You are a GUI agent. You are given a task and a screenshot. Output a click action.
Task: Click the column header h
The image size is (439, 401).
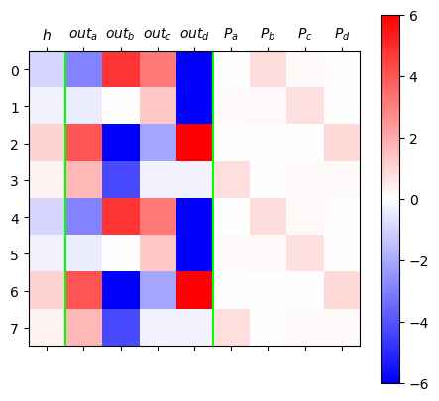tap(47, 35)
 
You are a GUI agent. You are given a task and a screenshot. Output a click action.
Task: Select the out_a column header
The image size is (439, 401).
tap(83, 34)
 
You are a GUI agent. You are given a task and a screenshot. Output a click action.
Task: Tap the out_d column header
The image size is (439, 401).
tap(194, 34)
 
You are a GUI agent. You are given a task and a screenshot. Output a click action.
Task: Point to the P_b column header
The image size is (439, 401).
tap(268, 34)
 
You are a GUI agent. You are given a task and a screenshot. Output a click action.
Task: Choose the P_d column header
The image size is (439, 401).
tap(342, 34)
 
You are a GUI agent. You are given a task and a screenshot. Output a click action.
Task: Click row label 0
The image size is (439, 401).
tap(15, 70)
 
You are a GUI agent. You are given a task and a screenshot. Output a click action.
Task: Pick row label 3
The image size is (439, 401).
tap(15, 181)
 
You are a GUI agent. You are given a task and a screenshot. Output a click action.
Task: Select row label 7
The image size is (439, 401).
tap(15, 329)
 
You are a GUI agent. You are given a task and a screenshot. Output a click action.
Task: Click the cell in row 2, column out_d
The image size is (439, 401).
tap(194, 143)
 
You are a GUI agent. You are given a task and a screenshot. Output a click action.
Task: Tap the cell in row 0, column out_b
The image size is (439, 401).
tap(121, 69)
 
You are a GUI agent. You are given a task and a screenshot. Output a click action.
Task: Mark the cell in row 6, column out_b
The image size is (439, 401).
tap(121, 290)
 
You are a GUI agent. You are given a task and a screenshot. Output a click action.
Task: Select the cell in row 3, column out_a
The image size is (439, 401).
tap(84, 180)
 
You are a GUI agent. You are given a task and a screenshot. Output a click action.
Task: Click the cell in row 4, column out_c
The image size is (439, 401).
tap(158, 217)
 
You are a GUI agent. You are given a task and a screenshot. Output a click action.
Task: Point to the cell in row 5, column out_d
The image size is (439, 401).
tap(194, 253)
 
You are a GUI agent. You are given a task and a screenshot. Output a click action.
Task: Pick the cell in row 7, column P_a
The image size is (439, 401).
tap(232, 327)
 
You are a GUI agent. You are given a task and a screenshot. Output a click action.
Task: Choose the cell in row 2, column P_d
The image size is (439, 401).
tap(342, 143)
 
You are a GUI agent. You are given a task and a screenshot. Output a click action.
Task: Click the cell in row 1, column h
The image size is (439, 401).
tap(48, 106)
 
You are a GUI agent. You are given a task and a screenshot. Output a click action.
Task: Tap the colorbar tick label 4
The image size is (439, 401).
tap(413, 77)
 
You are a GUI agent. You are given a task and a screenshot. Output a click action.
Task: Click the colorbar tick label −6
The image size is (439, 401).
tap(419, 384)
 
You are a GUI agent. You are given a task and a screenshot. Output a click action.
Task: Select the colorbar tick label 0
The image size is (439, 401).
tap(414, 200)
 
